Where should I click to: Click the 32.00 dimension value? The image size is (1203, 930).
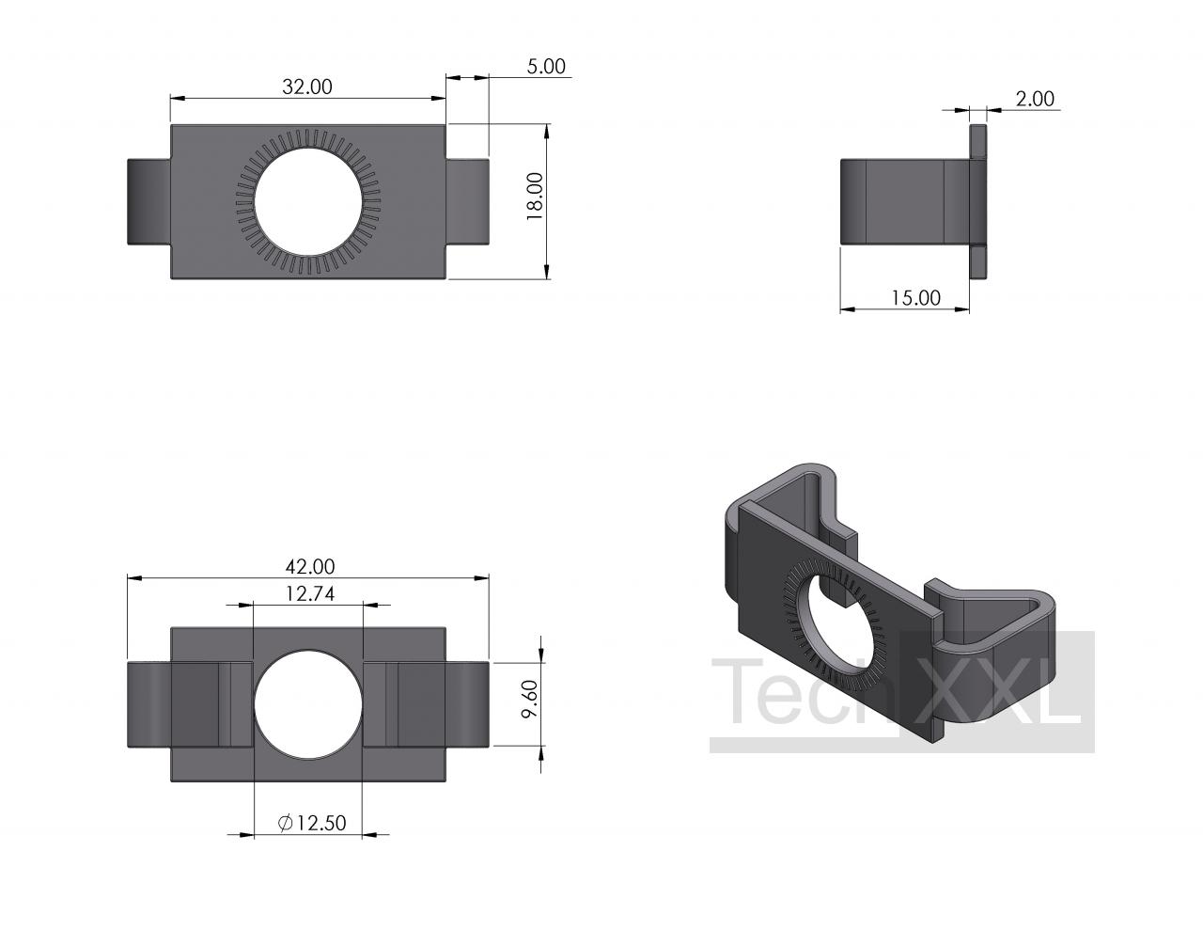pos(307,87)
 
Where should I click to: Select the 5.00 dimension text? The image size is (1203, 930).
pos(546,67)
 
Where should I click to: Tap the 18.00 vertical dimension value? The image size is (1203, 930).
pos(536,197)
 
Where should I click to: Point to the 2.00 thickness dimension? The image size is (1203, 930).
pos(1035,99)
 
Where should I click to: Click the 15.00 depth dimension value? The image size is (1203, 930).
pos(915,298)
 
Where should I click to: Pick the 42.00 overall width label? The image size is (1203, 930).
pos(310,567)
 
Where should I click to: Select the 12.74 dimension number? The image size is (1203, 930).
pos(310,593)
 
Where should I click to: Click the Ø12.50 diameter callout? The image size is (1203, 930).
pos(312,823)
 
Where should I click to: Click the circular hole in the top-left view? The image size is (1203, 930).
pos(309,202)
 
